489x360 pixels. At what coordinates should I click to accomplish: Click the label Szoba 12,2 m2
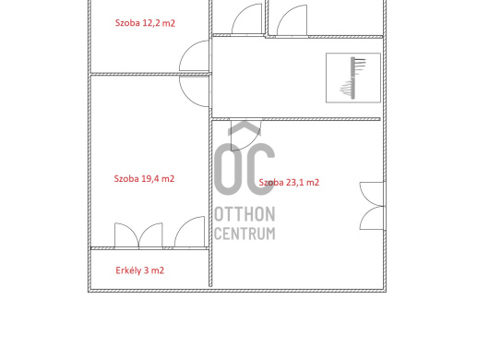(x=145, y=23)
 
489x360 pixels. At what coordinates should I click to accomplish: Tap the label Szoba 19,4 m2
(x=144, y=179)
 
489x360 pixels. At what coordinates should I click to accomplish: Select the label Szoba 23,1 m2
(x=289, y=183)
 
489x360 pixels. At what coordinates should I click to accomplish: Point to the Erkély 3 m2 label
(x=139, y=270)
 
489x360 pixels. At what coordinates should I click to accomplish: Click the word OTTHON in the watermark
(x=244, y=214)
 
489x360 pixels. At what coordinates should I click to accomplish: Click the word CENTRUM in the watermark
(x=244, y=234)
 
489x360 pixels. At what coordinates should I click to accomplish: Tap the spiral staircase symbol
(x=353, y=78)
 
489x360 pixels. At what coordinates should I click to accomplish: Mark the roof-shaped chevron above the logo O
(x=244, y=128)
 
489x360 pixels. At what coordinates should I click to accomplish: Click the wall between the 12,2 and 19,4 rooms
(x=150, y=74)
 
